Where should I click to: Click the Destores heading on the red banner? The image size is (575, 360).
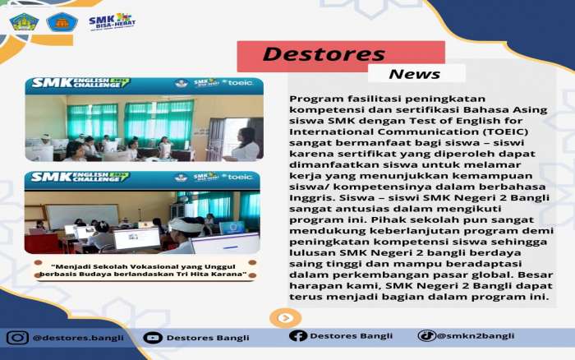324,54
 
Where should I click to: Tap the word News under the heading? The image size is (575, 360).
414,74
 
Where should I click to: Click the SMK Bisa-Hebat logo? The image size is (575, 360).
112,21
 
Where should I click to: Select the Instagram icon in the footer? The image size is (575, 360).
17,337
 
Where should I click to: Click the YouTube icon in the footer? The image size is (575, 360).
153,337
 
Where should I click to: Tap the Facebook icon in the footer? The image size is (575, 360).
297,335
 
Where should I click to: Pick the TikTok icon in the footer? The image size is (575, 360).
426,335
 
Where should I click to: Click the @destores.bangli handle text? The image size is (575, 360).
78,338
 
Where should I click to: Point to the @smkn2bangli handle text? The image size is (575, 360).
476,336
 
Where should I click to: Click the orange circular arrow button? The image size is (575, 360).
285,318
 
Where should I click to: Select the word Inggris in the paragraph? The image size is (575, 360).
311,198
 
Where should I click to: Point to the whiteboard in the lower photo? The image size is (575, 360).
82,216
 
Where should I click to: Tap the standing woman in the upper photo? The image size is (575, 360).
244,144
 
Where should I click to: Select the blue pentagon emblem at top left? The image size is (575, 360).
62,22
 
